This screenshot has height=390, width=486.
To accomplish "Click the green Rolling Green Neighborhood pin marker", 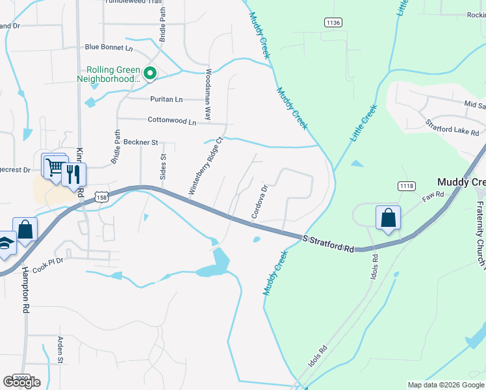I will tap(150, 73).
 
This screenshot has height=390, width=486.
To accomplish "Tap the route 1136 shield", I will tap(333, 23).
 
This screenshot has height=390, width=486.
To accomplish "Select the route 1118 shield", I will tap(407, 187).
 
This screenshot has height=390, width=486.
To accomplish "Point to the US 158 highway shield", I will tap(101, 196).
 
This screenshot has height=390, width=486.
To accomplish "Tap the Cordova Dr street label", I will tap(260, 202).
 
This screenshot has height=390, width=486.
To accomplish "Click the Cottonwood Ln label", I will tap(172, 121).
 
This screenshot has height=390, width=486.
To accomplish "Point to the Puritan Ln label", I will tap(165, 99).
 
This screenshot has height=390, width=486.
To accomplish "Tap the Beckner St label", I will tap(141, 142).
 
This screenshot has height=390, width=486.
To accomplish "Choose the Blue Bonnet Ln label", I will tap(109, 47).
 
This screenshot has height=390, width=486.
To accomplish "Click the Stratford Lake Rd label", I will tap(452, 127).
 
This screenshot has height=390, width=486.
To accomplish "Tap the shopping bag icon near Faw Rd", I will tap(388, 218).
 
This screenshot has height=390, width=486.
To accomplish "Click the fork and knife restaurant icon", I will tap(73, 174).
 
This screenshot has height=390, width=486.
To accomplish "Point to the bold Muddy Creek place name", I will tap(461, 182).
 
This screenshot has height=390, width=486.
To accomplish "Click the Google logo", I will tap(22, 382).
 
